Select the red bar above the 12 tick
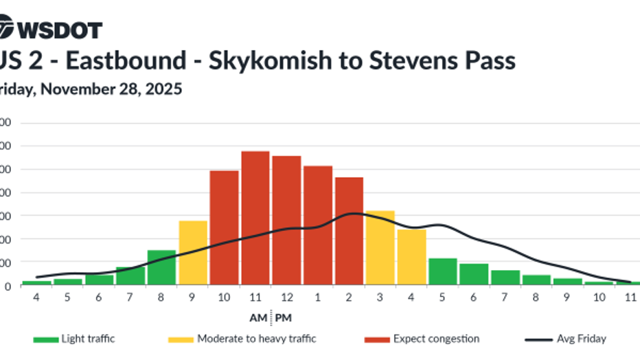pyautogui.click(x=286, y=220)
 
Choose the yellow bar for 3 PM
pyautogui.click(x=380, y=247)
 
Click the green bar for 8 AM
pyautogui.click(x=161, y=267)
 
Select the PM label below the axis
pyautogui.click(x=283, y=319)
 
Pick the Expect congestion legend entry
pyautogui.click(x=422, y=339)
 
